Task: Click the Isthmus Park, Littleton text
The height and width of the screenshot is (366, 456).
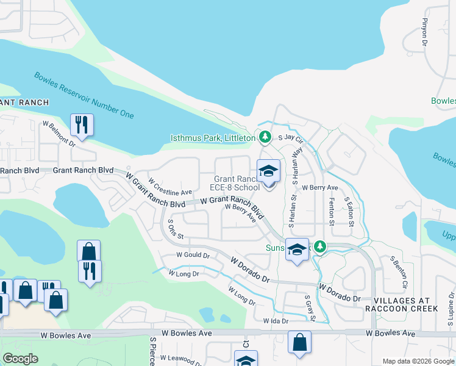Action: point(213,138)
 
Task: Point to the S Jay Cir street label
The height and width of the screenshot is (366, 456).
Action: point(290,140)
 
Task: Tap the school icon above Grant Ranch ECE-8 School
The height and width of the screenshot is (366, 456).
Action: point(268,171)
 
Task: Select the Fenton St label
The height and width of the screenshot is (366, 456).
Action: point(332,211)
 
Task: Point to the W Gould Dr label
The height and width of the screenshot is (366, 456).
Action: point(193,255)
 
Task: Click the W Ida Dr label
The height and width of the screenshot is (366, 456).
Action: point(275,321)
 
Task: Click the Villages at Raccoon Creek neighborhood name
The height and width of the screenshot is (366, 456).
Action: point(405,304)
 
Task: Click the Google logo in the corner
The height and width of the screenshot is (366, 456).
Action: point(21,359)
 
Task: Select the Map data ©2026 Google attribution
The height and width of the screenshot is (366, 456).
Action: point(417,361)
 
